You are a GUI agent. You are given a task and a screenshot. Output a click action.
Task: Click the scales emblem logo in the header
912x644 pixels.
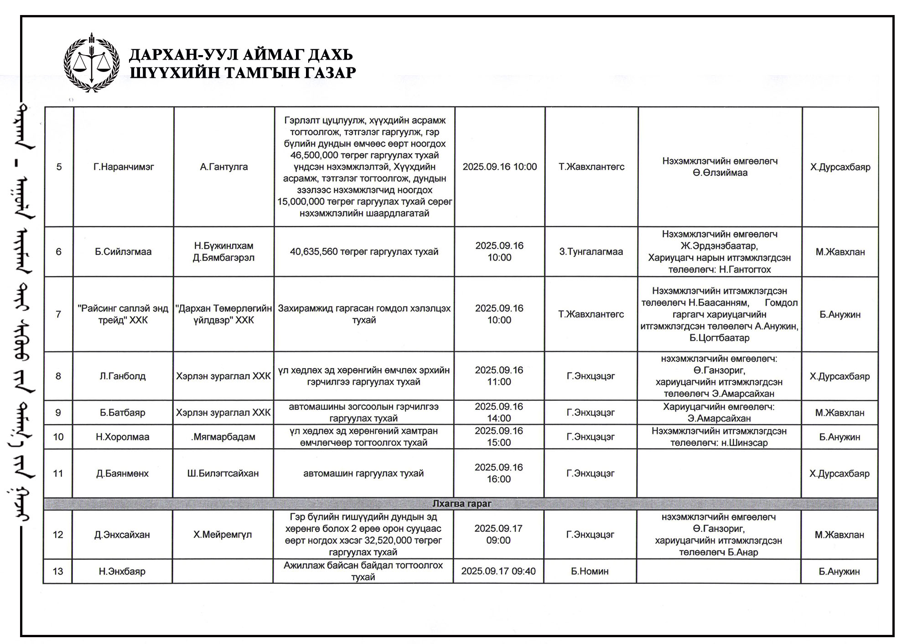pos(92,63)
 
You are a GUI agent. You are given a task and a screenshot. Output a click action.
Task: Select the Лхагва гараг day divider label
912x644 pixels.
pos(461,504)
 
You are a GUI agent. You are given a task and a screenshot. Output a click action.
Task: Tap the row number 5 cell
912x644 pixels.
pos(59,167)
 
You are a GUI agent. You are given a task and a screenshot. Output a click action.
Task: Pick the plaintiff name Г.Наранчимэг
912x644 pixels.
pos(124,167)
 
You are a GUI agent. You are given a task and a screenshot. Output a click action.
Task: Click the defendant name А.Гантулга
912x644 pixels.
pos(224,167)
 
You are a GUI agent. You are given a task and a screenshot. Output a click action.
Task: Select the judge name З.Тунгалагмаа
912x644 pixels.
pos(591,252)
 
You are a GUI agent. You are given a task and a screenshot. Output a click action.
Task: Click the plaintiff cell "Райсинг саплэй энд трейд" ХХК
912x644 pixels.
pos(123,314)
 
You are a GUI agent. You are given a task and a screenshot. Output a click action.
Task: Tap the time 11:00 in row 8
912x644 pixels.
pos(499,382)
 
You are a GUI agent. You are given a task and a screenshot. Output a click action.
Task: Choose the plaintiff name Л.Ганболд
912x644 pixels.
pos(123,376)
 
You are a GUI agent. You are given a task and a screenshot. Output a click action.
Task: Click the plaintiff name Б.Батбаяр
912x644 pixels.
pos(123,413)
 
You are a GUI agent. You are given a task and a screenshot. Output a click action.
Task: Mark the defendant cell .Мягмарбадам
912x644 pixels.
pos(223,437)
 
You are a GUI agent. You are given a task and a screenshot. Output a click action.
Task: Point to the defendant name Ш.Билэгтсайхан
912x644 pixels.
pos(223,474)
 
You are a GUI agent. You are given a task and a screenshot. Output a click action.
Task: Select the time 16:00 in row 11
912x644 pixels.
pos(499,479)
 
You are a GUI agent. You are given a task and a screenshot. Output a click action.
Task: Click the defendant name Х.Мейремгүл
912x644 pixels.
pos(223,535)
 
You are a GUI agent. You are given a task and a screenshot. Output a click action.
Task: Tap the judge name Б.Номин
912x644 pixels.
pos(590,571)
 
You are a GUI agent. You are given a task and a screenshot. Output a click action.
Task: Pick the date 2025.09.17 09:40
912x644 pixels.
pos(498,571)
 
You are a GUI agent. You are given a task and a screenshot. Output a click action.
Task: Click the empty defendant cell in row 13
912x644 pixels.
pos(223,571)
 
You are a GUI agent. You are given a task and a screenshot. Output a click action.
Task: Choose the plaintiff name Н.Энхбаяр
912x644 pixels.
pos(122,571)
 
